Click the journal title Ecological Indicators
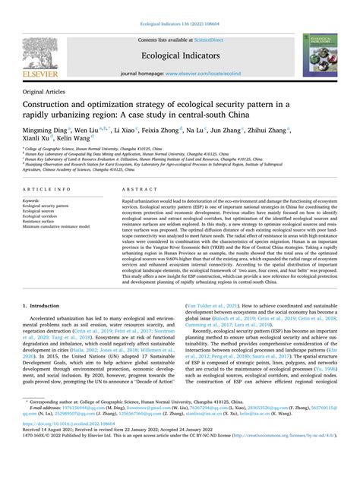pos(180,55)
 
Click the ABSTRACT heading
pos(135,188)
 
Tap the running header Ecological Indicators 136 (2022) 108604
pos(180,5)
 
